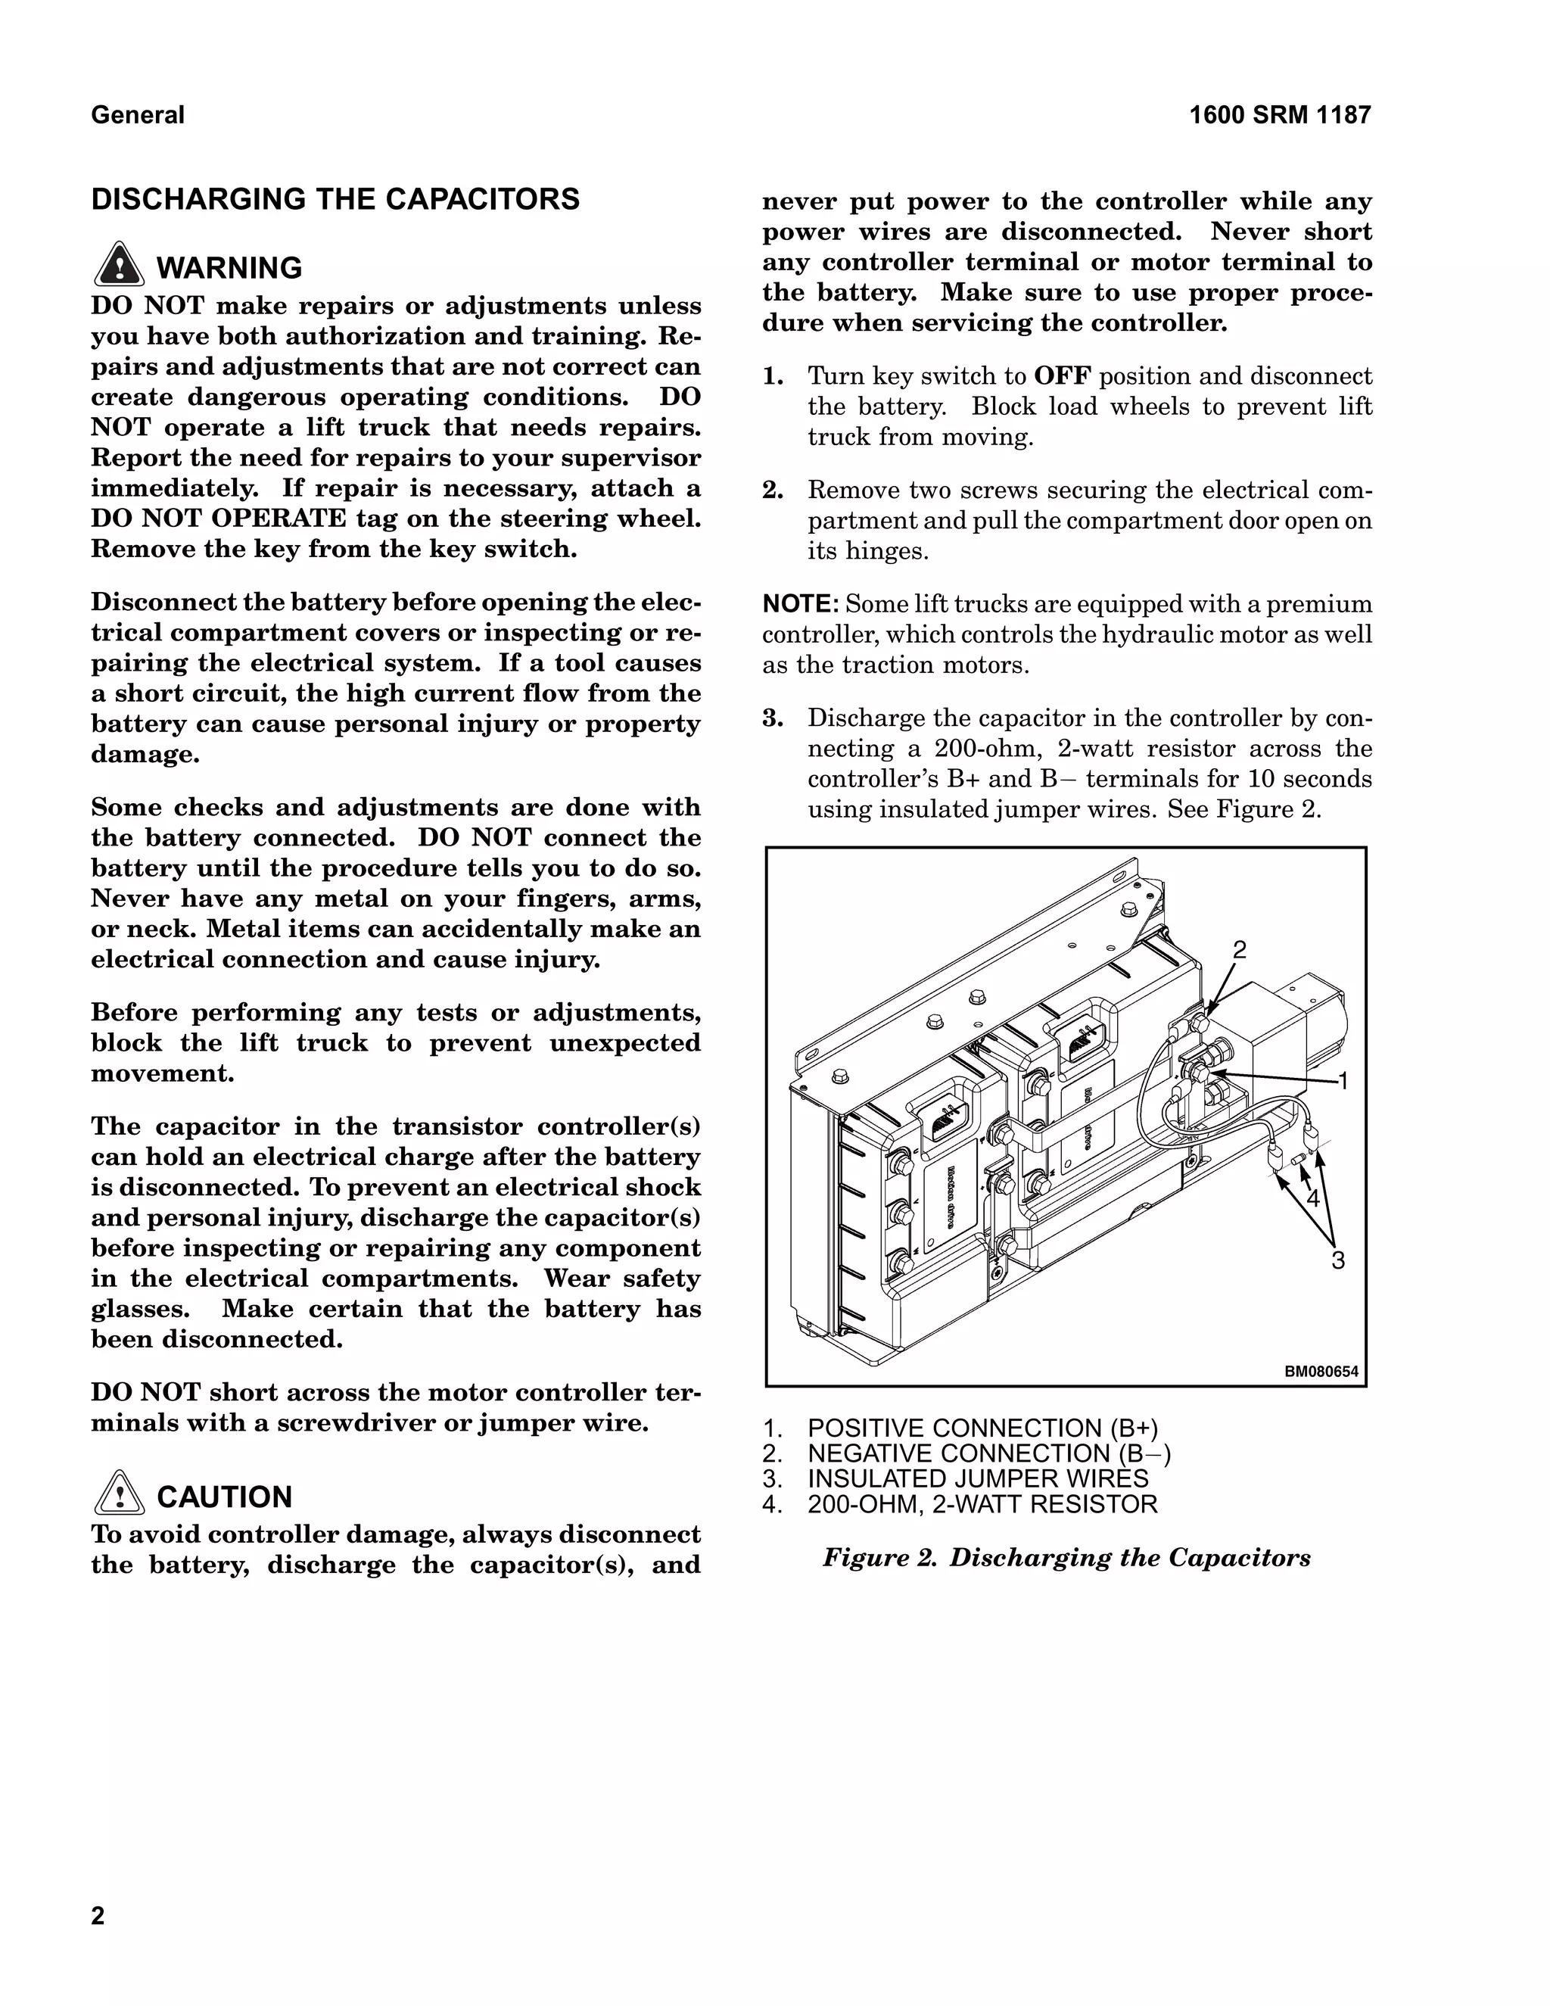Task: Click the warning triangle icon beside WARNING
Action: tap(119, 266)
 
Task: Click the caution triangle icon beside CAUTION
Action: tap(119, 1494)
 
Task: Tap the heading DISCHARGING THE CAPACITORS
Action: tap(335, 199)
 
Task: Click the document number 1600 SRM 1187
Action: tap(1279, 116)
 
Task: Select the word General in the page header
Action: tap(138, 116)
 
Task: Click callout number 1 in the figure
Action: tap(1343, 1081)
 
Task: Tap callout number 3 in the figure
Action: tap(1338, 1260)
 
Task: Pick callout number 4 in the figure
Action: tap(1312, 1198)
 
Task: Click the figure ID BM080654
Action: tap(1321, 1372)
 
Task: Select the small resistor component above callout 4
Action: tap(1296, 1163)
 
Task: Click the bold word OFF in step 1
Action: tap(1063, 376)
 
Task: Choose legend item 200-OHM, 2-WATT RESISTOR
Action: tap(982, 1505)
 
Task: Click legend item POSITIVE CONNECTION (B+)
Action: tap(982, 1428)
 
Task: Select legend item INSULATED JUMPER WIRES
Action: tap(977, 1479)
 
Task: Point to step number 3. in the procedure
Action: tap(773, 718)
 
